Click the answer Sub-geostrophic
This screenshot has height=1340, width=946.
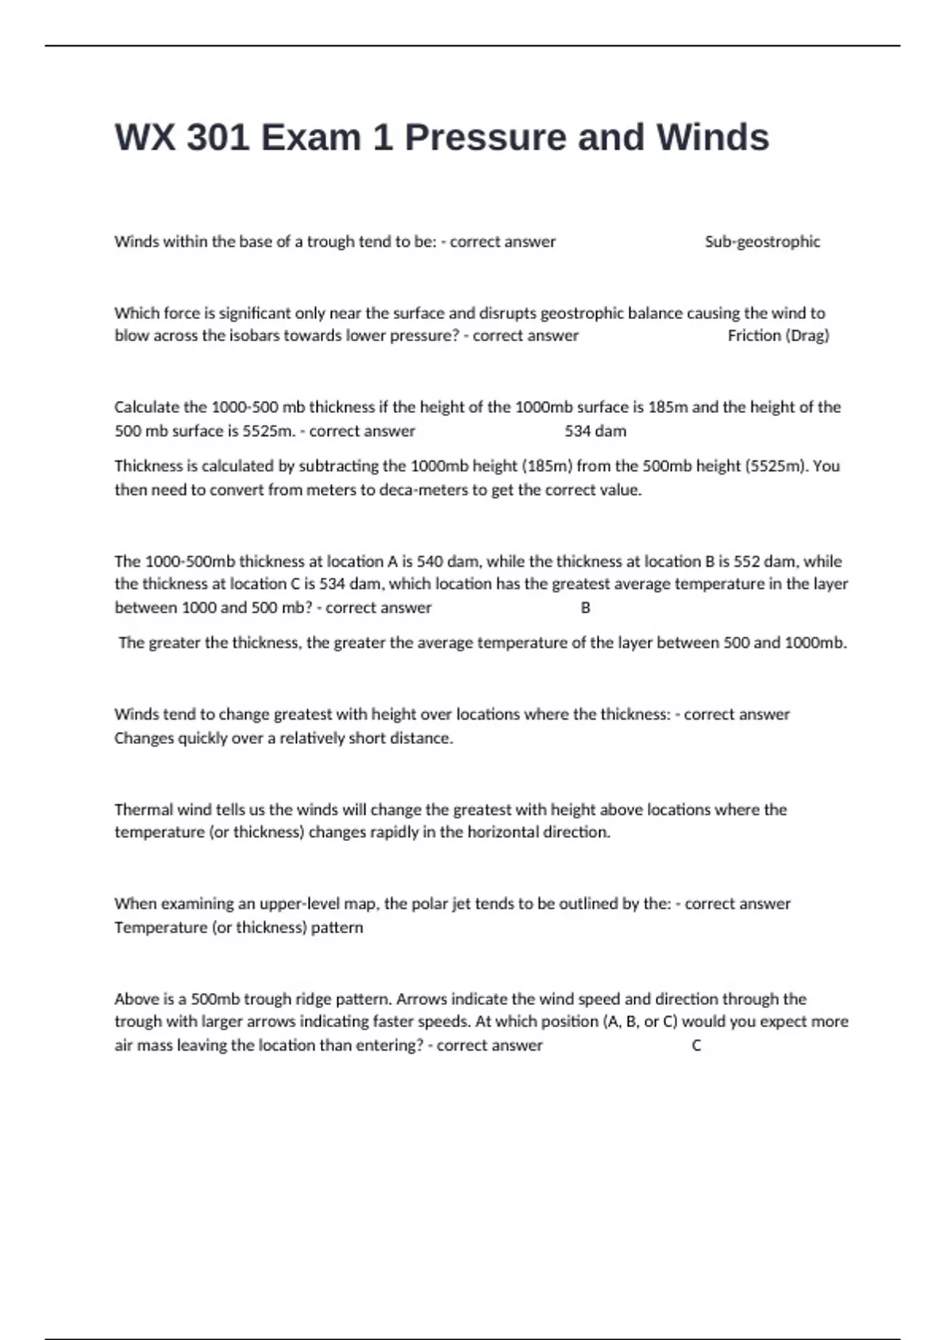(762, 242)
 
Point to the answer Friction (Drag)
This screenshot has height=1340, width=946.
(778, 336)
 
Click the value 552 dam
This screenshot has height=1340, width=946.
(764, 561)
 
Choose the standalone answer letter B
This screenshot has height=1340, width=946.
(585, 608)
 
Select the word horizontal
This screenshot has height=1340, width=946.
(503, 832)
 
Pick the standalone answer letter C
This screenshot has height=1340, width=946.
(696, 1046)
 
